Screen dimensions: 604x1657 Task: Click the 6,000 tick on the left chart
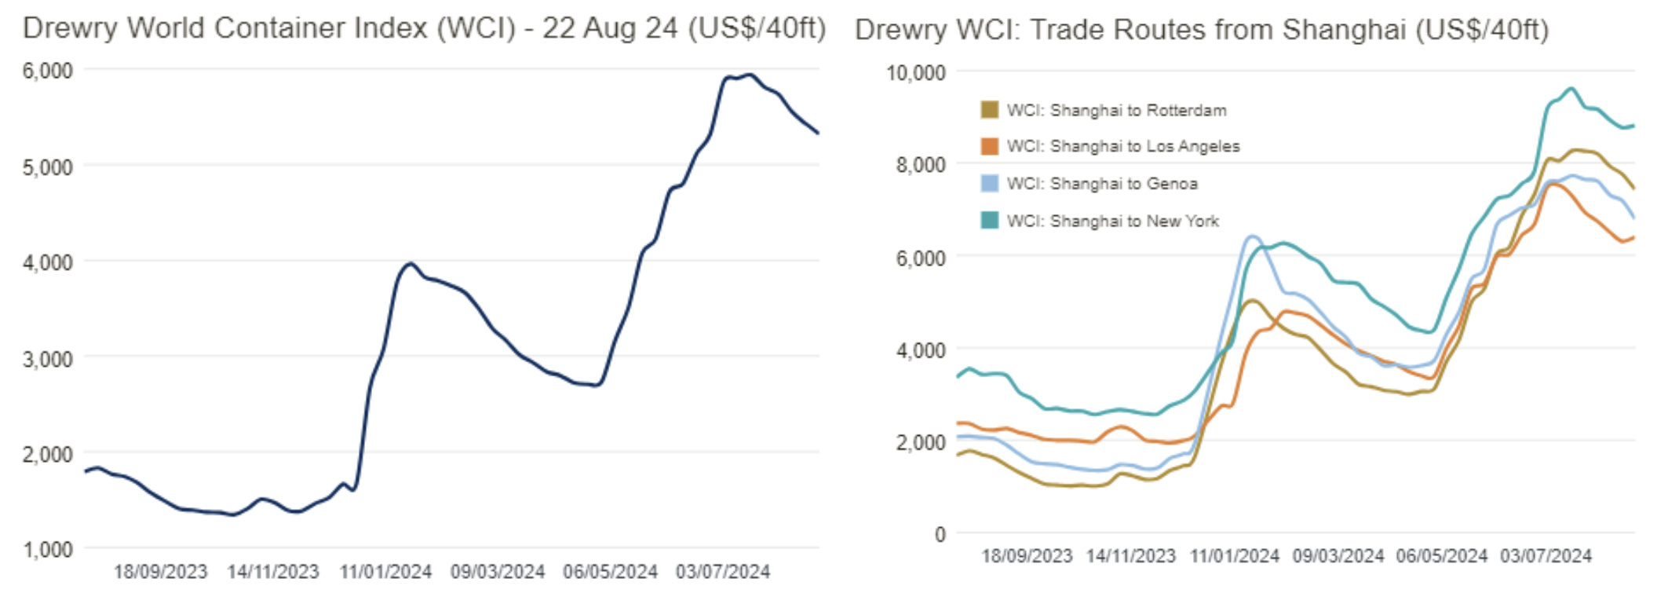(x=47, y=71)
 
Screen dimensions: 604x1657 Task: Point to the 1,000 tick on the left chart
(x=47, y=550)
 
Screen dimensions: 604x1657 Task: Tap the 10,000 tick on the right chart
(x=915, y=73)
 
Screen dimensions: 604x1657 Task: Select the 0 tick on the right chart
(x=940, y=535)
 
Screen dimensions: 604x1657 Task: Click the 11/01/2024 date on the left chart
(x=385, y=572)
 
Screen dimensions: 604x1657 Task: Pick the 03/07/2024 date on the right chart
(x=1546, y=556)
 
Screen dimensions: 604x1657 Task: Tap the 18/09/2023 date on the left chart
(x=160, y=572)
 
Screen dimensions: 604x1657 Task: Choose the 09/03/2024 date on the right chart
(x=1338, y=556)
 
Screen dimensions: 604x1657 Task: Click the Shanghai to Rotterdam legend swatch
(x=989, y=109)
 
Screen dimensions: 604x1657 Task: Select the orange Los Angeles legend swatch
(x=989, y=146)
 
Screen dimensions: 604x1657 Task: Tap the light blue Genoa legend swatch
(x=989, y=183)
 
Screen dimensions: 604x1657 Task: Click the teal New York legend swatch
(x=989, y=220)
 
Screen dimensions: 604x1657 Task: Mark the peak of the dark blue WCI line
(x=750, y=75)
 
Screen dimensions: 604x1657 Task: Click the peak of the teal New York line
(x=1571, y=88)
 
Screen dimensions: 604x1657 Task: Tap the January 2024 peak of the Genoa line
(x=1252, y=236)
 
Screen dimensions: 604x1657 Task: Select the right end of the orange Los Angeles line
(x=1633, y=237)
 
